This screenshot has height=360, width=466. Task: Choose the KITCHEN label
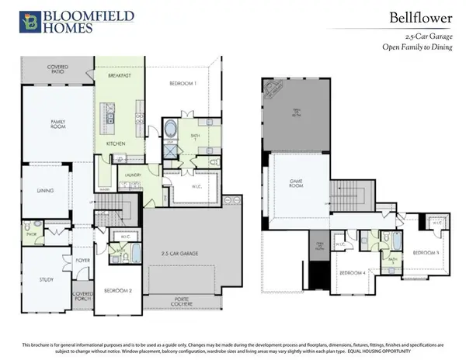coord(115,144)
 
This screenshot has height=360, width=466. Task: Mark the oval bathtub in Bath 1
coord(170,130)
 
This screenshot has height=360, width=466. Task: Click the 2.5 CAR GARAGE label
coord(181,254)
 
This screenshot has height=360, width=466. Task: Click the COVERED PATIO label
coord(57,70)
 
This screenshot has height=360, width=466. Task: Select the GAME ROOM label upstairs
coord(296,183)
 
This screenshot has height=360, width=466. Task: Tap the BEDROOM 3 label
coord(426,253)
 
